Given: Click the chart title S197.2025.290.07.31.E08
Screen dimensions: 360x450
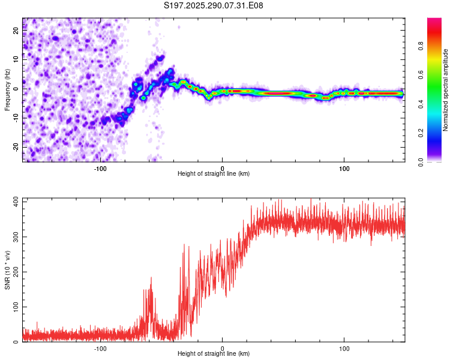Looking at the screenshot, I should [x=214, y=5].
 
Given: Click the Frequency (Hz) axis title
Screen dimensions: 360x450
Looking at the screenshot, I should [x=8, y=89].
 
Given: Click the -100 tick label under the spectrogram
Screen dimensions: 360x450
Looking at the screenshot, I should [x=100, y=169].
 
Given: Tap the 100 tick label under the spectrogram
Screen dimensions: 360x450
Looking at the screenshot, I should [x=344, y=169].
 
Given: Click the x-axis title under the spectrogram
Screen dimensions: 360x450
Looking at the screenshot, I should [x=214, y=174].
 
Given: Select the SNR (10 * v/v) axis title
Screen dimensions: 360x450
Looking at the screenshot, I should [x=8, y=269].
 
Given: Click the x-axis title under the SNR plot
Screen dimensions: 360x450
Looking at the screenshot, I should [x=214, y=354].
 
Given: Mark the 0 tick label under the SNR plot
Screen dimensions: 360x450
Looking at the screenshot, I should [x=223, y=349].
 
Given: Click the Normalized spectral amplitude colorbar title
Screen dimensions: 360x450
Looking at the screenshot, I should [x=446, y=90].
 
